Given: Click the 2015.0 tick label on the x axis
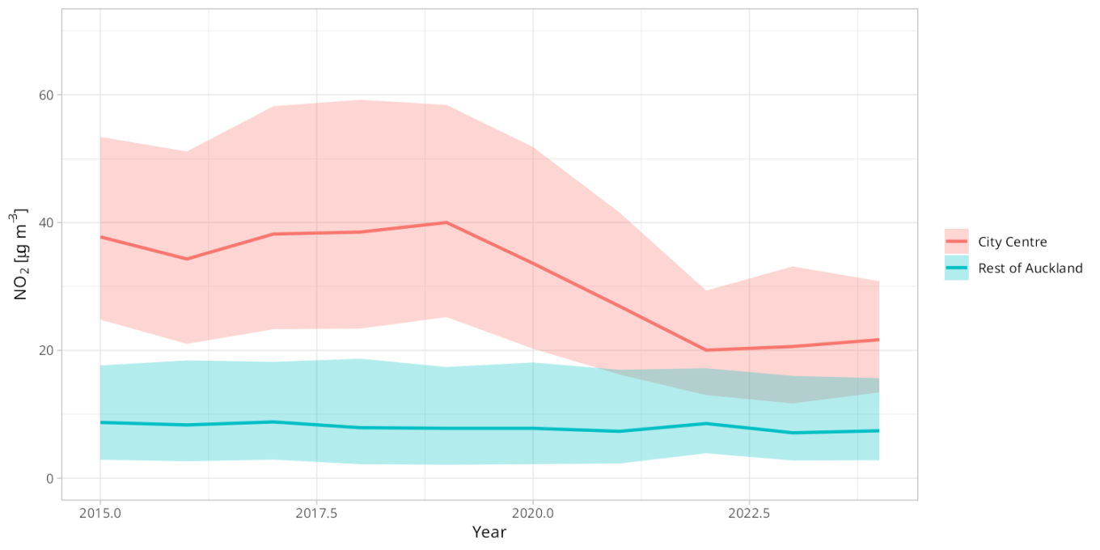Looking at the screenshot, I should pyautogui.click(x=100, y=513).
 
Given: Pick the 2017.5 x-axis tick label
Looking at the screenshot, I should pyautogui.click(x=316, y=513).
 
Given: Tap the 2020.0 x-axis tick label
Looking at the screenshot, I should pyautogui.click(x=532, y=513).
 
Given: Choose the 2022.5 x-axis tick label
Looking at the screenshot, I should pyautogui.click(x=749, y=513).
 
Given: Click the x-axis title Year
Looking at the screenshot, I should pyautogui.click(x=489, y=532).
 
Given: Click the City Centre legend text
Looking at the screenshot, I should pyautogui.click(x=1013, y=242).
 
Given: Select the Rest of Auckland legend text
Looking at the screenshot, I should pyautogui.click(x=1030, y=269).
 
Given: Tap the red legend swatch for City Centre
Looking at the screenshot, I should pyautogui.click(x=956, y=241).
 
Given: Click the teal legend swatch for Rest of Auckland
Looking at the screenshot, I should pyautogui.click(x=956, y=268).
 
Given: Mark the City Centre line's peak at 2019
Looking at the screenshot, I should pyautogui.click(x=446, y=222).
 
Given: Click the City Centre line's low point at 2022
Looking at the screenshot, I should pyautogui.click(x=706, y=350).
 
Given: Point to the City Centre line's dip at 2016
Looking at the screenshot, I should pyautogui.click(x=187, y=259).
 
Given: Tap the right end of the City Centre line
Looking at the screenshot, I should pyautogui.click(x=878, y=340).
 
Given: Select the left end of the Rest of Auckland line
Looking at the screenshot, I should pyautogui.click(x=100, y=422).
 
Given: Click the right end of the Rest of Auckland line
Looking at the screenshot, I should pyautogui.click(x=878, y=430).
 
